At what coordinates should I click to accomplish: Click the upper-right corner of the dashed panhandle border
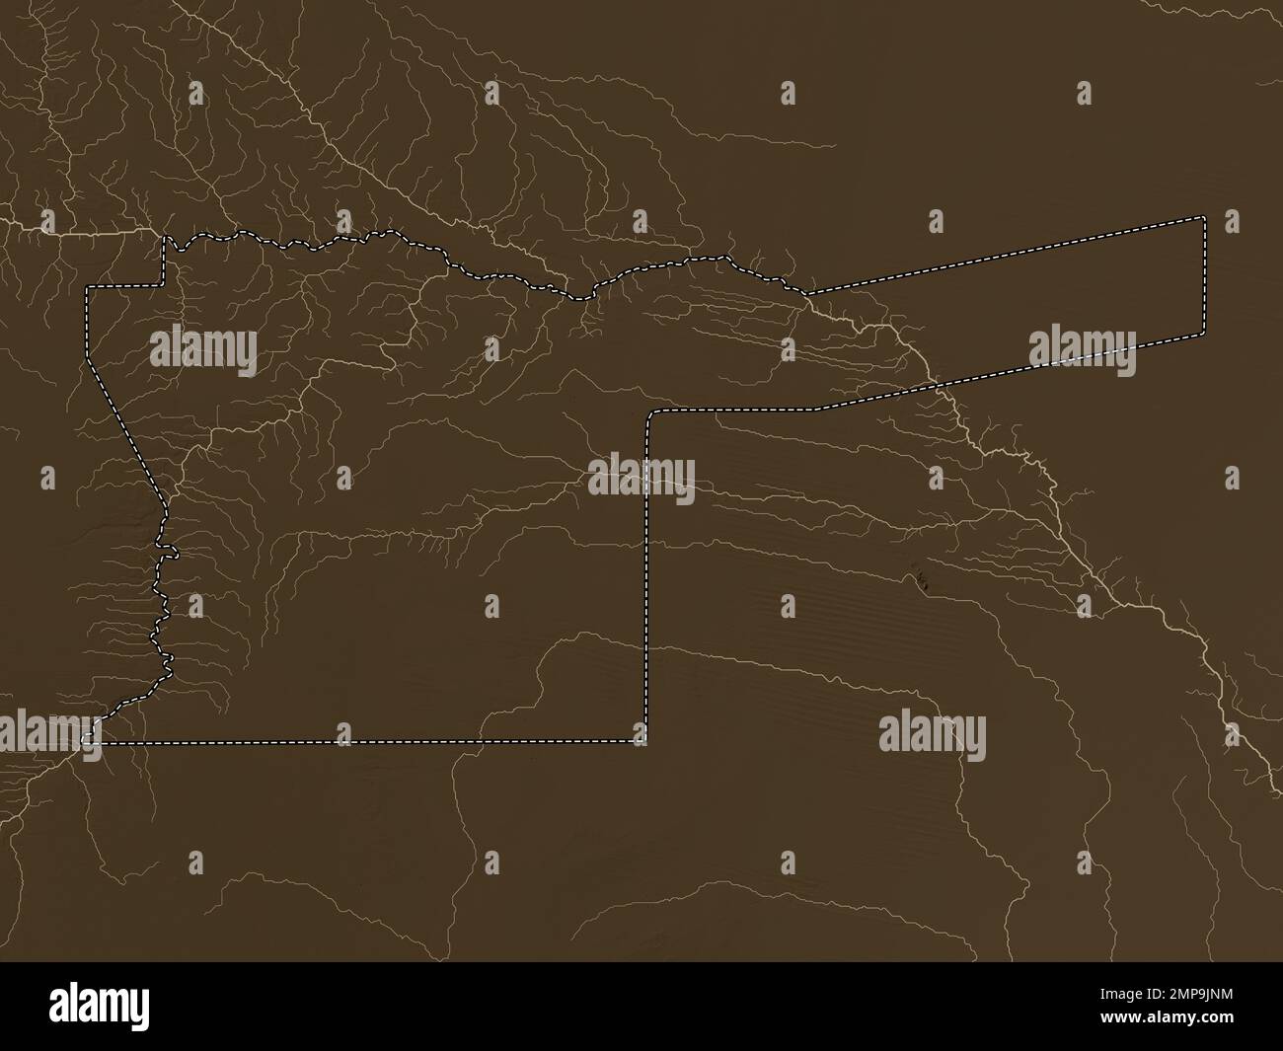[1204, 216]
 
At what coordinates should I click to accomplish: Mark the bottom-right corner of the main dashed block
[645, 741]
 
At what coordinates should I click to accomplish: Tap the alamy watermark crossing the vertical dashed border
[641, 479]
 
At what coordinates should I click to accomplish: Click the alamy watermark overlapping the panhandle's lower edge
[1082, 352]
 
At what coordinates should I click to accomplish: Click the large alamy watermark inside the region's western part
[203, 351]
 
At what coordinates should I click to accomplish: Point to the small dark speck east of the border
[921, 582]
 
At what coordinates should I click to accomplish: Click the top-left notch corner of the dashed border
[164, 237]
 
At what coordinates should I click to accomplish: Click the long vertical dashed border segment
[646, 592]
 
